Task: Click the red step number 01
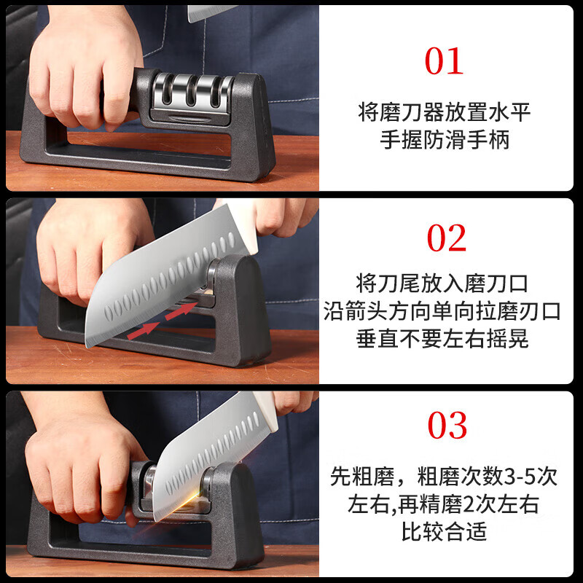click(x=444, y=61)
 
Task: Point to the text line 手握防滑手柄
click(x=445, y=140)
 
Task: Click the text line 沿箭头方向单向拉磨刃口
click(x=445, y=311)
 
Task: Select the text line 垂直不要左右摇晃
click(x=445, y=339)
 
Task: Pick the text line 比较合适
click(x=445, y=532)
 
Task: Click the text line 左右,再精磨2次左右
click(x=445, y=504)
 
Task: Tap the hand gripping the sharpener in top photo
click(x=87, y=66)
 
